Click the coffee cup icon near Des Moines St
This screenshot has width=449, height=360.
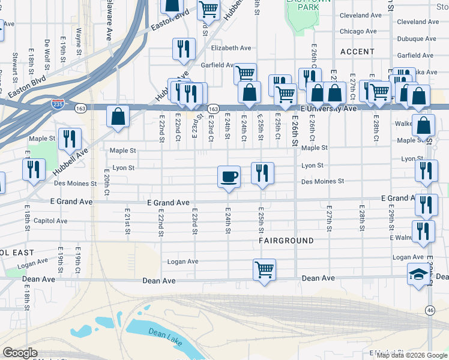(x=228, y=176)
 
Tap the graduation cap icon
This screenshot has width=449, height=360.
(x=418, y=274)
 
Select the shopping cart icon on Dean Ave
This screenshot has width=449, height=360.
(x=264, y=269)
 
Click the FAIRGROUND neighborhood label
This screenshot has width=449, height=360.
(x=286, y=241)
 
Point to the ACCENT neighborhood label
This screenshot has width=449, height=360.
(x=357, y=52)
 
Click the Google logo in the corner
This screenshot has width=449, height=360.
(x=20, y=353)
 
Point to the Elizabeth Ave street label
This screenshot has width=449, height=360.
(x=231, y=48)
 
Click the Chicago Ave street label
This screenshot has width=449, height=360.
(x=358, y=31)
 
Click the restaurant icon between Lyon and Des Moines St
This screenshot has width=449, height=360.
(x=262, y=173)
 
